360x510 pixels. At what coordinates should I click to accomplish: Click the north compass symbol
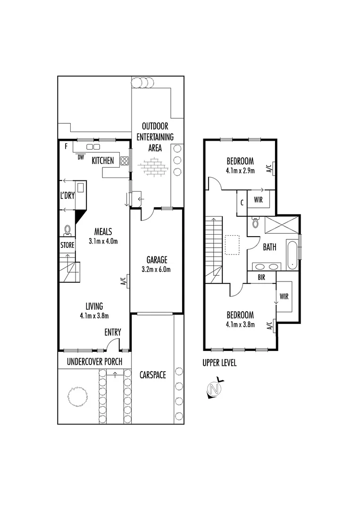tap(215, 389)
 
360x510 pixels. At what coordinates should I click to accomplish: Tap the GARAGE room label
tap(156, 260)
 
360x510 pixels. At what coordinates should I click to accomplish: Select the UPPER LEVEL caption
tap(219, 363)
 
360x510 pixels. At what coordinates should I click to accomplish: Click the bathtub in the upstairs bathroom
tap(293, 255)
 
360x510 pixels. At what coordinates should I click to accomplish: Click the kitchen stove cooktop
tap(125, 161)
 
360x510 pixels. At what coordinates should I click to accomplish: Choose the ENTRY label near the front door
tap(113, 332)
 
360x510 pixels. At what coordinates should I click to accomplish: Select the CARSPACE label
tap(152, 375)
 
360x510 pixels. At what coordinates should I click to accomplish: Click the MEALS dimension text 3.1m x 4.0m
tap(103, 241)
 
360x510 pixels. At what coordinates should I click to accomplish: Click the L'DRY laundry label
tap(67, 195)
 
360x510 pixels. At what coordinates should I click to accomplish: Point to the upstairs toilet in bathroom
tap(255, 221)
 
